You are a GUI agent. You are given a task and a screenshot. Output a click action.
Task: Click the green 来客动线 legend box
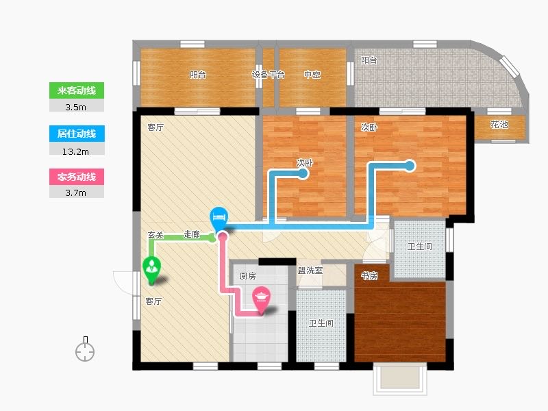[77, 90]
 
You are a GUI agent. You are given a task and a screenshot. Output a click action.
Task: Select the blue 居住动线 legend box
[77, 134]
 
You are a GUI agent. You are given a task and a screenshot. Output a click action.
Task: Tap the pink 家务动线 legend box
[77, 177]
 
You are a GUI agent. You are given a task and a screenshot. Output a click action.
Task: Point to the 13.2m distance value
[75, 151]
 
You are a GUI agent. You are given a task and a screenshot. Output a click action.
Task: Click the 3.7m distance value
[75, 193]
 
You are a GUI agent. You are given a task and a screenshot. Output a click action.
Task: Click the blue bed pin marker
[219, 219]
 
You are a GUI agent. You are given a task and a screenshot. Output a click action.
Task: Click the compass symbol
[85, 349]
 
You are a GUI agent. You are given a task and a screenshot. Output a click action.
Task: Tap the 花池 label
[499, 125]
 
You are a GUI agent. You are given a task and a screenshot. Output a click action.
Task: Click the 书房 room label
[369, 276]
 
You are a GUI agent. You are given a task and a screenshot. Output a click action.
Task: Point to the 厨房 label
[247, 276]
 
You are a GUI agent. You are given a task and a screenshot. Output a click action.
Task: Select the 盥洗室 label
[310, 270]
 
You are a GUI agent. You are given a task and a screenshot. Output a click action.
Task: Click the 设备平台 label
[268, 75]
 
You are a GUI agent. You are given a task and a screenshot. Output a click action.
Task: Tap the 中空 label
[312, 75]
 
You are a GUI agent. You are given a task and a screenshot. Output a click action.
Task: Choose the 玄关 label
[155, 235]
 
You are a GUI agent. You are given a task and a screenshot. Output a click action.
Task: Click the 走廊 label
[192, 234]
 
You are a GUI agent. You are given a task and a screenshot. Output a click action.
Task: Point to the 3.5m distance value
[75, 108]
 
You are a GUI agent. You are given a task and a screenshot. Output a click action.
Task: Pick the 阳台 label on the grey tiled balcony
[369, 60]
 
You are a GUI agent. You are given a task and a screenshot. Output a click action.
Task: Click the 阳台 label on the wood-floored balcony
[198, 75]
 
